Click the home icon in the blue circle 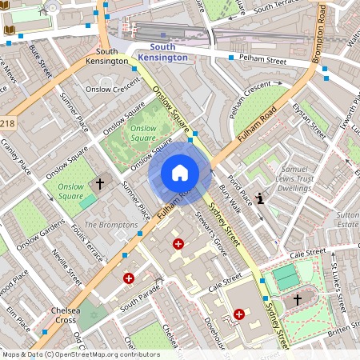[180, 172]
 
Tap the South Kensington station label [162, 52]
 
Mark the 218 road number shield [7, 124]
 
